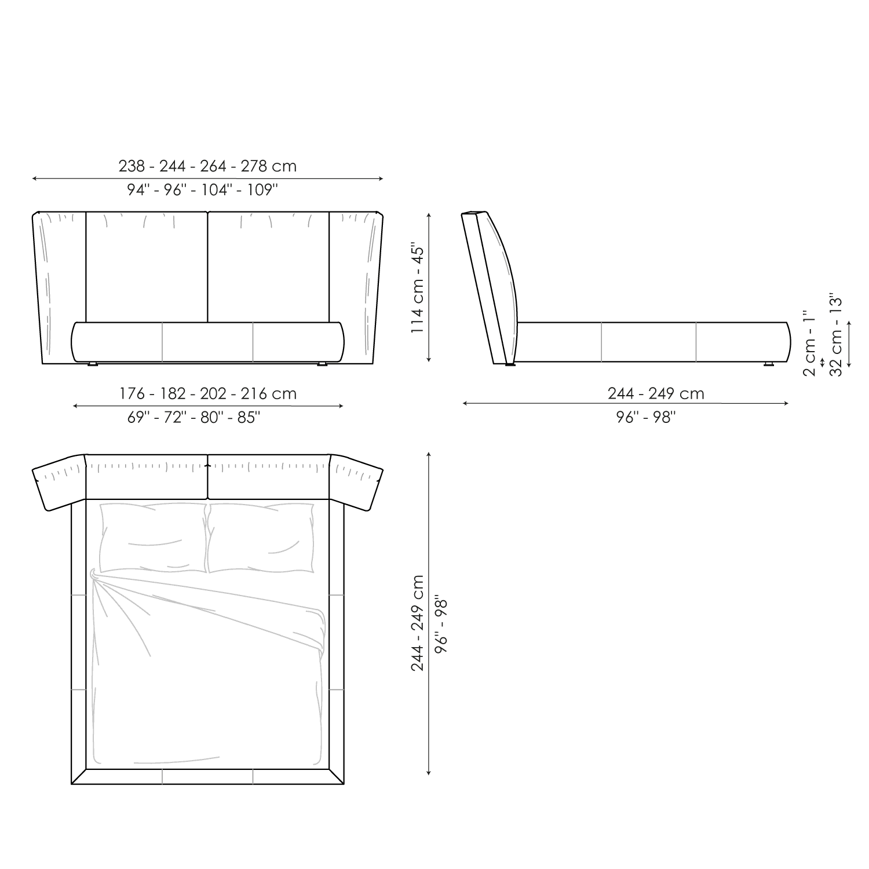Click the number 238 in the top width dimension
click(x=132, y=166)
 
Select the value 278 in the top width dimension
click(x=254, y=166)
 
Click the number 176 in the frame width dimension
click(x=132, y=394)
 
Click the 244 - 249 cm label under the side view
click(x=656, y=394)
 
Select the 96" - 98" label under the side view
click(x=647, y=417)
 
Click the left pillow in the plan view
click(x=152, y=538)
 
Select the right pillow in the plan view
click(x=261, y=538)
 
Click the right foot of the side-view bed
click(x=769, y=366)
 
